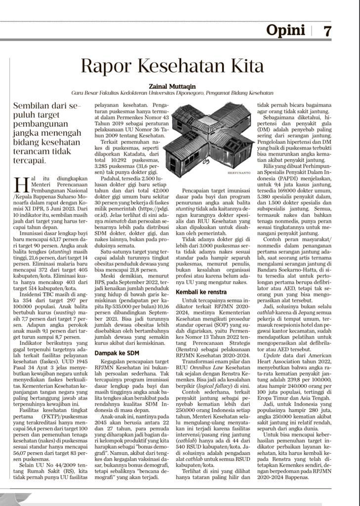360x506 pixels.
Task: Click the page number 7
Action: click(x=327, y=31)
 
